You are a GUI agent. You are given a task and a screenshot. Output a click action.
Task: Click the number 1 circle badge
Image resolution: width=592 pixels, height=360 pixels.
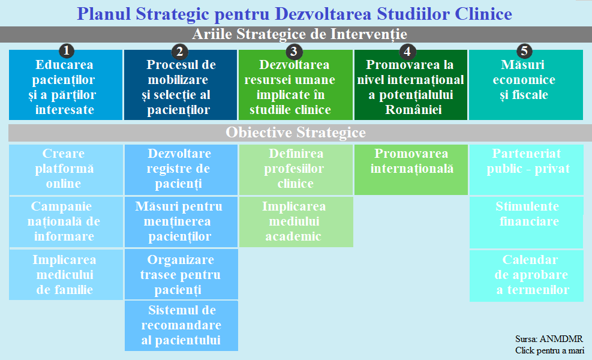[67, 50]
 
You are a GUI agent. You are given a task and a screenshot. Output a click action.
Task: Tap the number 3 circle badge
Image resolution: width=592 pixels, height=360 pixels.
[294, 51]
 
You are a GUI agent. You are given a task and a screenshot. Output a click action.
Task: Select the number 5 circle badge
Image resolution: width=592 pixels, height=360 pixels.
[524, 50]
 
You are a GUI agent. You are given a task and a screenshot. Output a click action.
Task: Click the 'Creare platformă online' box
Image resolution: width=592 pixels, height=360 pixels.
[66, 170]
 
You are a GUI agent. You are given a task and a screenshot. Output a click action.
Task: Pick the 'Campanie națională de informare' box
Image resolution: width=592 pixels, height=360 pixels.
[66, 222]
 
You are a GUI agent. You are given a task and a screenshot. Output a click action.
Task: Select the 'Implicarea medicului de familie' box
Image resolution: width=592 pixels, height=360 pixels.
[66, 275]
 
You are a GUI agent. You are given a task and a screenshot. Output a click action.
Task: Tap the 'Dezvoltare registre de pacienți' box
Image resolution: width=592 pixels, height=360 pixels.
[181, 170]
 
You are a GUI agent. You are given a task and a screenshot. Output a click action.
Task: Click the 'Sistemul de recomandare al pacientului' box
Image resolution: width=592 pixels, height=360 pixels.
[181, 326]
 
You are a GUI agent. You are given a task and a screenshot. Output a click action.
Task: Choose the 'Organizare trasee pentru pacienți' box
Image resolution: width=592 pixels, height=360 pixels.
[181, 274]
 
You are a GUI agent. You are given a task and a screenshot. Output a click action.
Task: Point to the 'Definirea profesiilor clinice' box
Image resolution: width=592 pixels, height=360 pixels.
[296, 170]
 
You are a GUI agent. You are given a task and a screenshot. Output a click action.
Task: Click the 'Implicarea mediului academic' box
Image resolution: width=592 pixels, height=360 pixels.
[296, 222]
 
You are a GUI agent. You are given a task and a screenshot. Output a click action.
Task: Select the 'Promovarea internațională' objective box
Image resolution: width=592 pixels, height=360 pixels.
[411, 170]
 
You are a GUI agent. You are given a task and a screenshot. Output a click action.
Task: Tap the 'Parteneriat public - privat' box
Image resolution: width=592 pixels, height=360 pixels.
[526, 170]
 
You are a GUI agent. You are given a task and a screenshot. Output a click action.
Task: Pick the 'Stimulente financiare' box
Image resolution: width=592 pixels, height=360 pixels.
[526, 223]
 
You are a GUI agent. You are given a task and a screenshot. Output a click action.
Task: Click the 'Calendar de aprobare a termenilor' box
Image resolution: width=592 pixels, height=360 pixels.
[526, 276]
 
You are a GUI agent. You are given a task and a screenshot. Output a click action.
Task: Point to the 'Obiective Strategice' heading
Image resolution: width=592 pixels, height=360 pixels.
[296, 133]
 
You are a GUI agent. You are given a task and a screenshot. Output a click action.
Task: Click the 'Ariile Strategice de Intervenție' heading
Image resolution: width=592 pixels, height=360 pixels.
[299, 34]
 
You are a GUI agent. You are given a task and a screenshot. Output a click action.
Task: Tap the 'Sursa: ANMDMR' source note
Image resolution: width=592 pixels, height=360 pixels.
[549, 339]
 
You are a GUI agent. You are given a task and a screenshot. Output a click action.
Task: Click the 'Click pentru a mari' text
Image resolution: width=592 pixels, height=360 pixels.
[549, 350]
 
